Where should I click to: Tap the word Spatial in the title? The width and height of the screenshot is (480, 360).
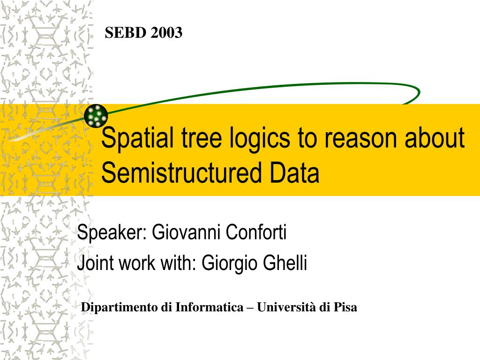(137, 138)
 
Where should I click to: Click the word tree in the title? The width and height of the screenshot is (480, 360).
(202, 138)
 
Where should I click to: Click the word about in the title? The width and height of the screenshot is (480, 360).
(435, 138)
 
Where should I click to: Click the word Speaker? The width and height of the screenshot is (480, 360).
(112, 232)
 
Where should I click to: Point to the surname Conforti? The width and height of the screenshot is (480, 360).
(256, 232)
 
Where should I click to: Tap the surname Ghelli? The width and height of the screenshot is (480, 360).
(285, 262)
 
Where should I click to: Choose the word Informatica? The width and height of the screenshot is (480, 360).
(209, 307)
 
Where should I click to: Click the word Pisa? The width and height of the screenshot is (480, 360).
(345, 307)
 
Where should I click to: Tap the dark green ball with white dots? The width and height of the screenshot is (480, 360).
(96, 115)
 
